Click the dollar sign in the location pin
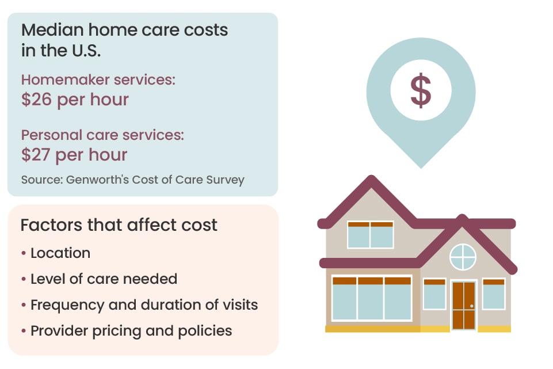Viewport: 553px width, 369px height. coord(421,90)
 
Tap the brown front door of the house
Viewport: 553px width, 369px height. coord(464,305)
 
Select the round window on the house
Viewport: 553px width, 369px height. coord(463,257)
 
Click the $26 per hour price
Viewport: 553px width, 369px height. coord(75,100)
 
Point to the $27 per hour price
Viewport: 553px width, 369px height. coord(74,155)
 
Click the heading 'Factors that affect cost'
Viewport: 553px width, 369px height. coord(119,225)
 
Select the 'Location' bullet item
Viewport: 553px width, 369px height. coord(60,253)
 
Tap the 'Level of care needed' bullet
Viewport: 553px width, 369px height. coord(104,279)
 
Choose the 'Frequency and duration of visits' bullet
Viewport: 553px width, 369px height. coord(144,305)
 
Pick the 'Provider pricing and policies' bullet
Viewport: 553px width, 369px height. coord(131,331)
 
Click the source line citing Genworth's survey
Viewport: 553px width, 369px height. coord(133,180)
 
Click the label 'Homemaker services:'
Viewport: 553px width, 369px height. coord(98,80)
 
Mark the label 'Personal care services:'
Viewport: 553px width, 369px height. coord(102,135)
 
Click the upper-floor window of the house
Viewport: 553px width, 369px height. coord(371,235)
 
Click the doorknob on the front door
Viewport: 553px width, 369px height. coord(472,306)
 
